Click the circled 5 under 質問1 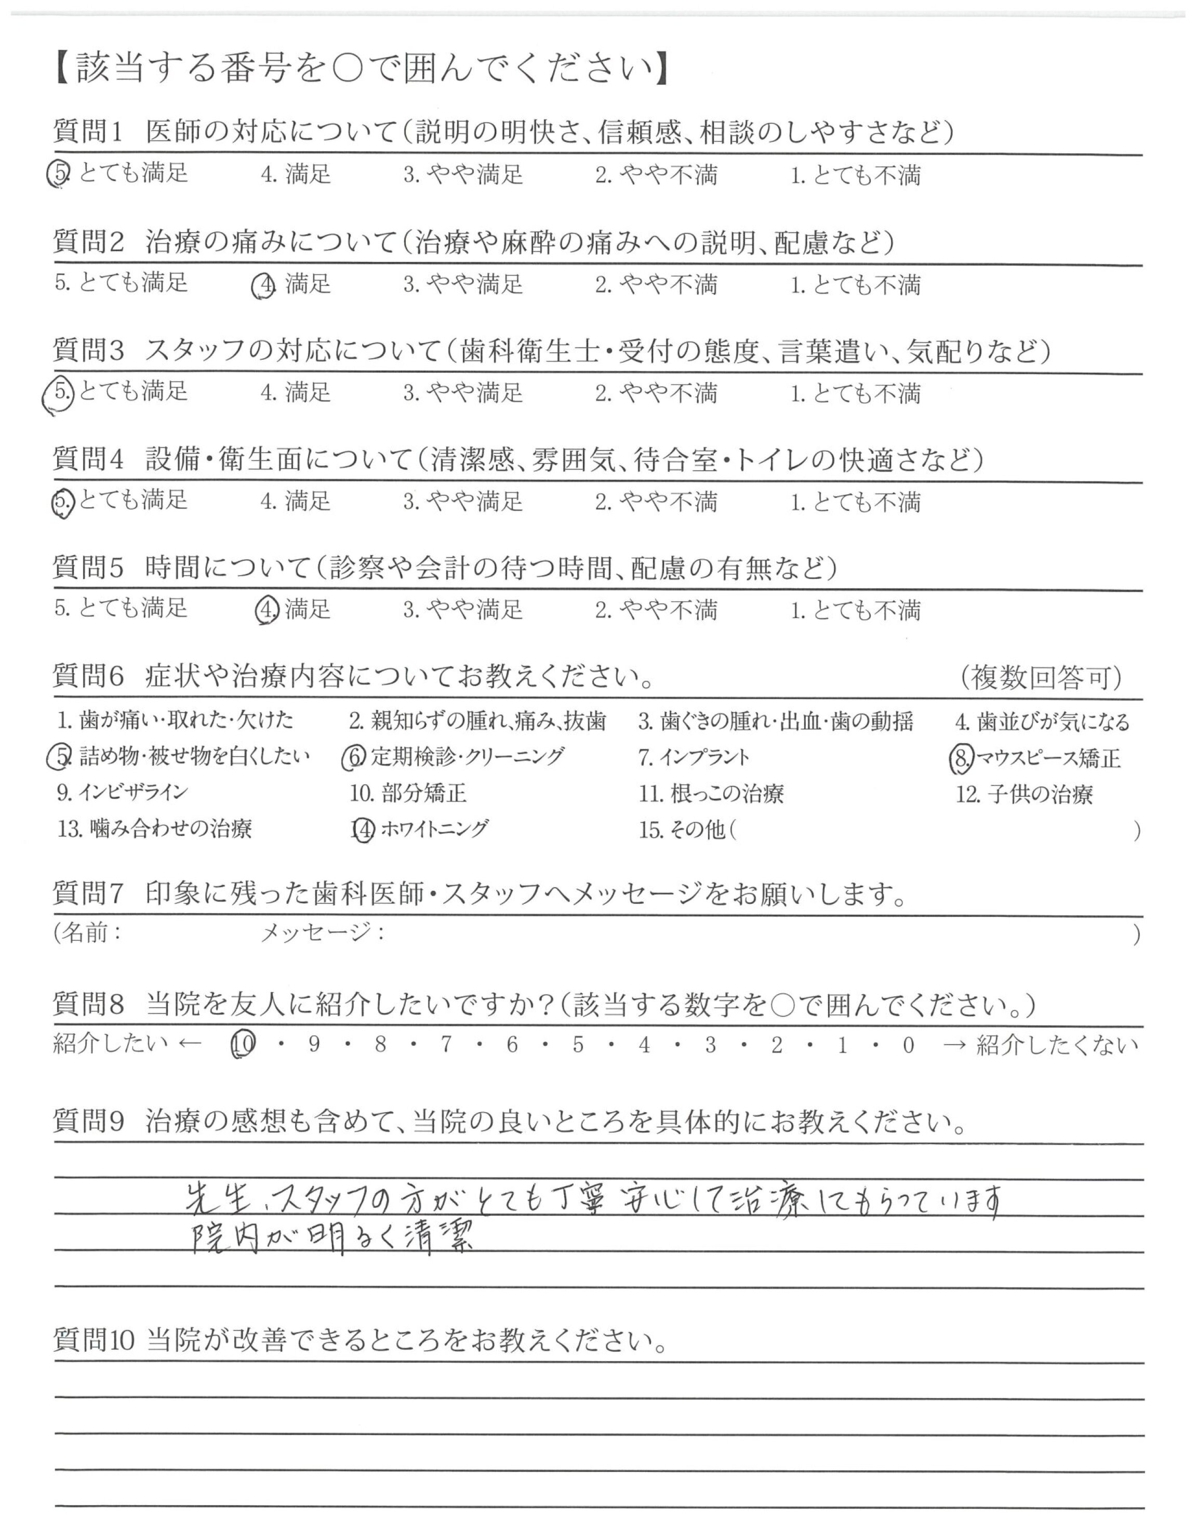(x=58, y=174)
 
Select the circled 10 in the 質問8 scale (x=243, y=1045)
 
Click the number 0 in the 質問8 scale (x=908, y=1046)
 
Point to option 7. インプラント (x=694, y=757)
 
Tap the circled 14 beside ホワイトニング (x=363, y=830)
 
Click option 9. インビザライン (x=123, y=793)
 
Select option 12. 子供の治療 (x=1024, y=794)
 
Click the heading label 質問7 (x=88, y=893)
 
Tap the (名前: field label (x=88, y=933)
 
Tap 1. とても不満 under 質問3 (x=856, y=393)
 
